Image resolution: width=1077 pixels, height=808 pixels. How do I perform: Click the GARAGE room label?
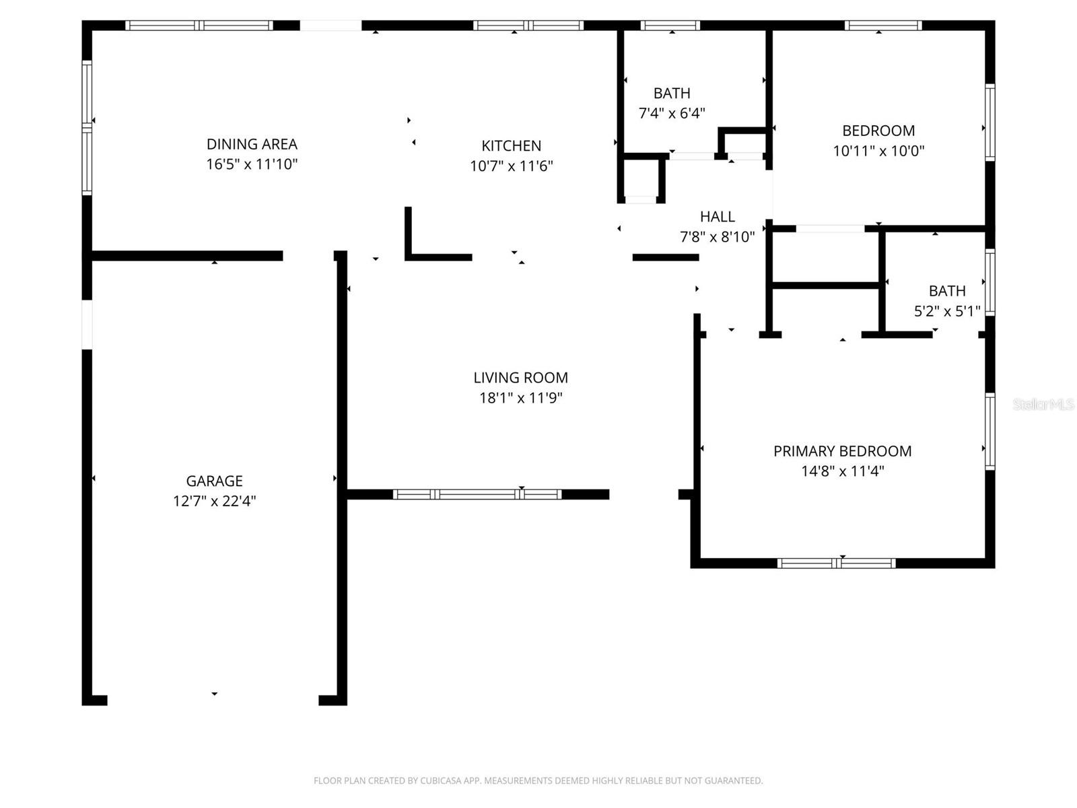(214, 481)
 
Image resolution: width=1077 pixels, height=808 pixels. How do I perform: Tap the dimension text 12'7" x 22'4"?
(214, 501)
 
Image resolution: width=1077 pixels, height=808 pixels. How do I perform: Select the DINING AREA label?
(252, 144)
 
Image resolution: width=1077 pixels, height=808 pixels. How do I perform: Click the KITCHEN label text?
(511, 145)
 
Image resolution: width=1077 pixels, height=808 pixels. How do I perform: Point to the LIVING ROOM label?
(520, 378)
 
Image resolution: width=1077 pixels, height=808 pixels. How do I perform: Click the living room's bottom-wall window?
(477, 494)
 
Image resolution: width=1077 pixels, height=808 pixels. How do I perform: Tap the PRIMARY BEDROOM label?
(842, 451)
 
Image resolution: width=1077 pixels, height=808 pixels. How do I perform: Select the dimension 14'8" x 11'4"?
(842, 471)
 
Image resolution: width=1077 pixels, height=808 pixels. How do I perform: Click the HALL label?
(717, 217)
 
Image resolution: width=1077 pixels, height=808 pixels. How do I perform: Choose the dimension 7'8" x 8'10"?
(717, 237)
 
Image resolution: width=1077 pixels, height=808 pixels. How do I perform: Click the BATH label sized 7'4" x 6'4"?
(672, 93)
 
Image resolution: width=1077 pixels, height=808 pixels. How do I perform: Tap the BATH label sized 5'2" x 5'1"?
(946, 291)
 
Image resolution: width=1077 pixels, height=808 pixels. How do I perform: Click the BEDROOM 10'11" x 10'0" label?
(878, 131)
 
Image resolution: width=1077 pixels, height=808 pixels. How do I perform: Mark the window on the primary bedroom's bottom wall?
(836, 563)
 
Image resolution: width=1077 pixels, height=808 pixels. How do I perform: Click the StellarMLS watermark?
(1043, 404)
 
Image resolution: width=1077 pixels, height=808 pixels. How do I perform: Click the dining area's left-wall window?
(87, 128)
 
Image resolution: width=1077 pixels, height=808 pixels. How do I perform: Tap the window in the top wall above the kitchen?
(528, 26)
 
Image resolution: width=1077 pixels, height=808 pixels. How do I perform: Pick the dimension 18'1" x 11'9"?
(520, 398)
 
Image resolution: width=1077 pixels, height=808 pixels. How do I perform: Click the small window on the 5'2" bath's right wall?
(989, 283)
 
